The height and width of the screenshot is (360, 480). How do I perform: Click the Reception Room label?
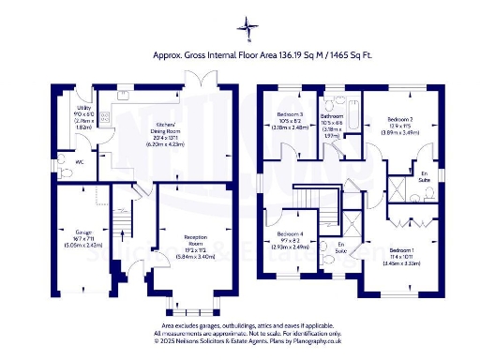click(x=195, y=238)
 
